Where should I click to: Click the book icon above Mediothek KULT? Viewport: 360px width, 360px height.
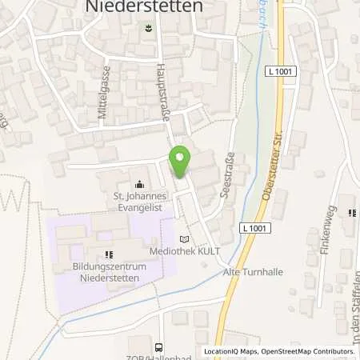pyautogui.click(x=186, y=238)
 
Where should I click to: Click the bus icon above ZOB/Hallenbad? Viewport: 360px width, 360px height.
pyautogui.click(x=158, y=346)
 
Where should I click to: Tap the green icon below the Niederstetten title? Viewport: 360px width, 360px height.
pyautogui.click(x=147, y=28)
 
